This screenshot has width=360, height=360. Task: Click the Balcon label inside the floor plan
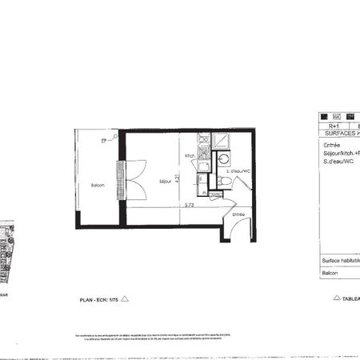[x=97, y=186]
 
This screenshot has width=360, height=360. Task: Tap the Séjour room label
[x=163, y=182]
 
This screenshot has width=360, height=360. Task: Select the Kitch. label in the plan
[x=190, y=156]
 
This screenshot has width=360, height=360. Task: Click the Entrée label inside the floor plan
[x=238, y=214]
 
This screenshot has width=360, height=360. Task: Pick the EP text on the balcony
[x=103, y=141]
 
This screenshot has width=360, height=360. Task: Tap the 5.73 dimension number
[x=190, y=205]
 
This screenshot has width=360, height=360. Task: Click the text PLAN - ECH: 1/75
[x=97, y=299]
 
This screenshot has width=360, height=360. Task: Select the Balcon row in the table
[x=330, y=274]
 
